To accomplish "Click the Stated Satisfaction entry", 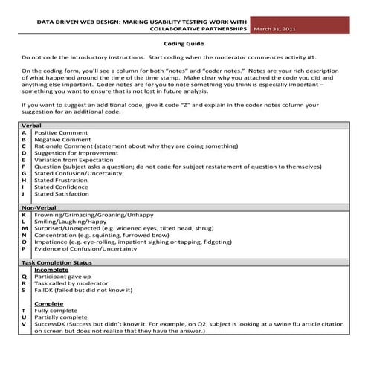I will (62, 194).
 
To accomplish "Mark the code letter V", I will (24, 324).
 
